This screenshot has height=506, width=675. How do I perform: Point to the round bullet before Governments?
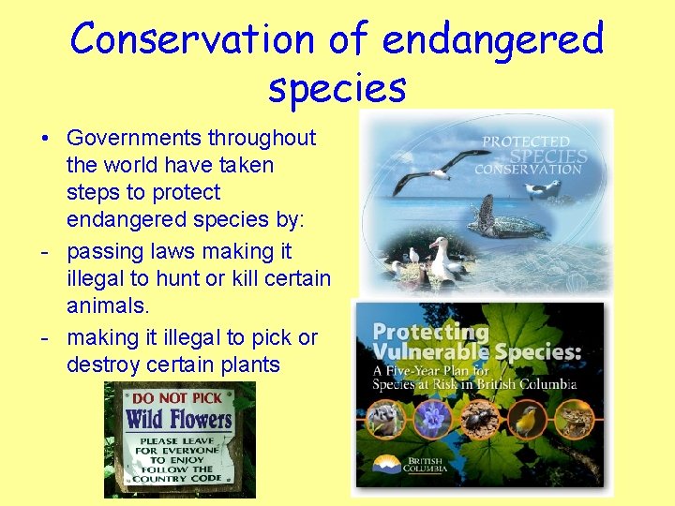coord(45,139)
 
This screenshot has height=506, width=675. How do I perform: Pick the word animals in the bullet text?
coord(104,306)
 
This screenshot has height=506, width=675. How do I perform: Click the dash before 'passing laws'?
coord(45,252)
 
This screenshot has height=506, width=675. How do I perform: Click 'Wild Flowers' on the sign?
coord(179,418)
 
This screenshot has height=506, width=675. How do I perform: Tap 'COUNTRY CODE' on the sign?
coord(179,479)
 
